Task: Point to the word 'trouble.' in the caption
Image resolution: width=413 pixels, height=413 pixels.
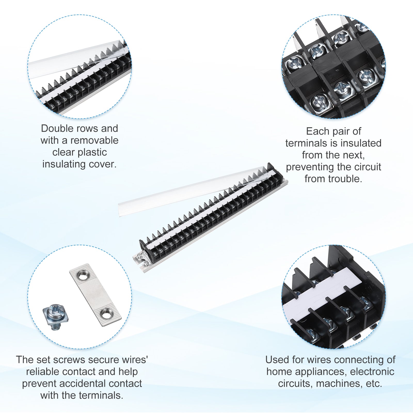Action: click(346, 179)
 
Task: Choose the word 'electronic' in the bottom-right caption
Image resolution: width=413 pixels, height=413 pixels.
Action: click(372, 372)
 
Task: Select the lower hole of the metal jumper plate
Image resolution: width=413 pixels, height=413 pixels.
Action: click(106, 314)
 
